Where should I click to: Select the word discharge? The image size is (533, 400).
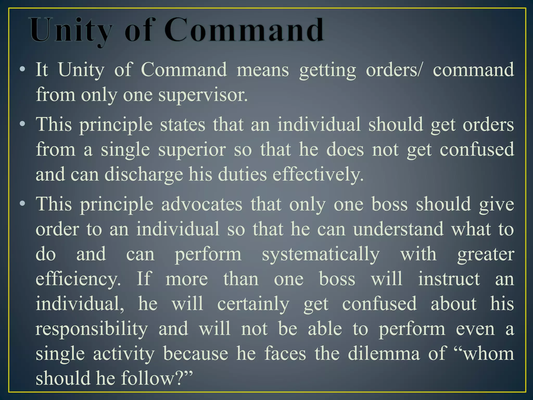pos(144,174)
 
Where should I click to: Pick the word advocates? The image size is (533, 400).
pos(202,204)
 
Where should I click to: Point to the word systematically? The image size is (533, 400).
pos(321,254)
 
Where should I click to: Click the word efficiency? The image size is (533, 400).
pos(78,279)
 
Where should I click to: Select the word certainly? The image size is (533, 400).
pos(253,304)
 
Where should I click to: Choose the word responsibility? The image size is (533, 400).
pos(92,329)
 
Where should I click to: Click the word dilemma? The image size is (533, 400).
pos(384,353)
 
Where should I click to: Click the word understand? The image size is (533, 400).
pos(398,229)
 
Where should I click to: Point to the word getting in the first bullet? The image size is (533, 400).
pos(327,70)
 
